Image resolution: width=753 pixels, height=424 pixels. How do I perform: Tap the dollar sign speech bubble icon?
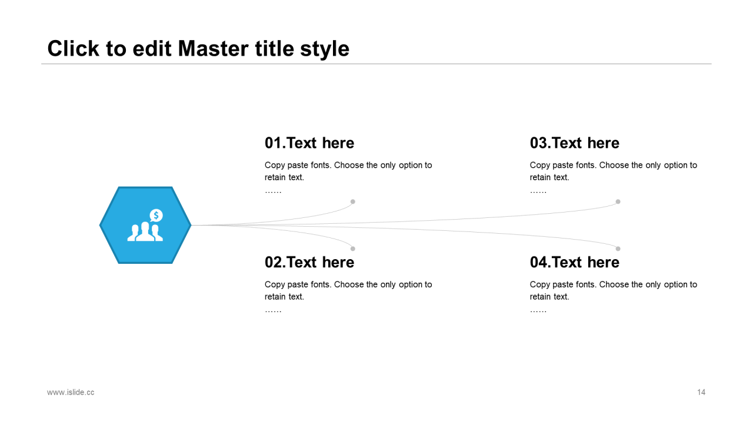pos(156,216)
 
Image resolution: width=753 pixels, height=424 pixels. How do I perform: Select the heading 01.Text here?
pos(309,143)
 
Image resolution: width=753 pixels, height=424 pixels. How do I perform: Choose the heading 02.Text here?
pos(309,262)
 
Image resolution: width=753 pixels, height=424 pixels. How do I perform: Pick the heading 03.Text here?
pos(575,143)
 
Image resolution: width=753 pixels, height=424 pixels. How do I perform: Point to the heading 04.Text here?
pos(575,262)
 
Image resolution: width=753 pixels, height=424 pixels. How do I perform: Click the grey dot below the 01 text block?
pos(353,201)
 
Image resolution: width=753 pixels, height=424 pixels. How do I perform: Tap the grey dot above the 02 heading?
pos(353,249)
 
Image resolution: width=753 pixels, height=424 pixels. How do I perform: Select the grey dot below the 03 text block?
pos(618,201)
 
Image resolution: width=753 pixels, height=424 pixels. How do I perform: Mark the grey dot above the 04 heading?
pos(618,249)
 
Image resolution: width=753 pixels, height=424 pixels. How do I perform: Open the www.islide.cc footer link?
pos(71,392)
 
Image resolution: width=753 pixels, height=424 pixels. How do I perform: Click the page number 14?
pos(701,392)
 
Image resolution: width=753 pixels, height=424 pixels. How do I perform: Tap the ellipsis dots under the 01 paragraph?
pos(273,191)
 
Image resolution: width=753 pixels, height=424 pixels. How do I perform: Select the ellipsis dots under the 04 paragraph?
pos(538,310)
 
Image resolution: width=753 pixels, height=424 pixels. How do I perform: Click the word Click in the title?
pos(73,48)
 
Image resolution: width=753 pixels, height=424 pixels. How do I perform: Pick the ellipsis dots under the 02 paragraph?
pos(273,310)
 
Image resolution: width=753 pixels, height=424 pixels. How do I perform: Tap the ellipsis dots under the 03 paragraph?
pos(538,191)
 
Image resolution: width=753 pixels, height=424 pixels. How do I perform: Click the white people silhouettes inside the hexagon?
pos(145,232)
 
